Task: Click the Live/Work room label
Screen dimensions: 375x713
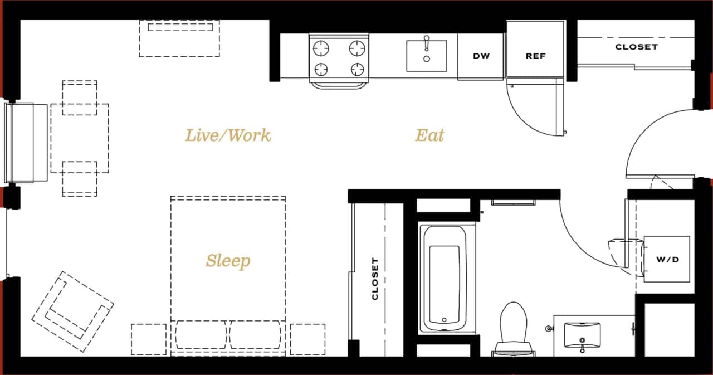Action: click(228, 135)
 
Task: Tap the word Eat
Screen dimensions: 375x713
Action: click(429, 135)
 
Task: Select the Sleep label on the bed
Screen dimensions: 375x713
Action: click(228, 261)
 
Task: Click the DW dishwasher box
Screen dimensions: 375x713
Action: click(481, 56)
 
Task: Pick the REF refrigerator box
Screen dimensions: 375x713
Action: click(535, 56)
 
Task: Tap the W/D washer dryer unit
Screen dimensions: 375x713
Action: click(667, 260)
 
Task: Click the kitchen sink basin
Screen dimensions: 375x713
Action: click(427, 57)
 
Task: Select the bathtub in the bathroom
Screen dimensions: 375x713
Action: click(445, 279)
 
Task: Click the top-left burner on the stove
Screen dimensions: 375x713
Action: click(321, 48)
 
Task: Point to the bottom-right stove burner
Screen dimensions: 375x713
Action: click(357, 69)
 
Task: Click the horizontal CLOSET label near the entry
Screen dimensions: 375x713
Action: click(636, 47)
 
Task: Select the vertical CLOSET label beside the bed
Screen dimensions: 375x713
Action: click(375, 279)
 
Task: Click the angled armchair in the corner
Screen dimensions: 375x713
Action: click(72, 311)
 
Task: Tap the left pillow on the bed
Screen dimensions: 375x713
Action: click(201, 335)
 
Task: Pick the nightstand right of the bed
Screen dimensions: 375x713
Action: click(307, 339)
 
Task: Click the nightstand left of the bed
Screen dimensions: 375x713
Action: click(149, 339)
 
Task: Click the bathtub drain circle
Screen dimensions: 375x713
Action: click(444, 320)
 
